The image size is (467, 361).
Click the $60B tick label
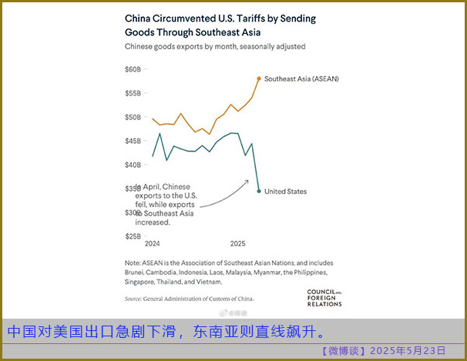133,69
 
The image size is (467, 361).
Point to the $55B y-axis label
133,93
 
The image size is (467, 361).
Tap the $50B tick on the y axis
133,117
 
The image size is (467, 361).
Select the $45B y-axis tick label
133,141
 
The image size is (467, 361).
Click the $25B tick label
133,236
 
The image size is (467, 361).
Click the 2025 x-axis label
237,243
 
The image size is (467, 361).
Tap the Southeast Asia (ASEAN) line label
301,79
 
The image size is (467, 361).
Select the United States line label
285,192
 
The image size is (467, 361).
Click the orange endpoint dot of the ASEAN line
258,79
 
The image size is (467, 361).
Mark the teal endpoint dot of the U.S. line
258,191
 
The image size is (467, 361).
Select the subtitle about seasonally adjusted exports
215,46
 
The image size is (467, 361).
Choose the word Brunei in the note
136,272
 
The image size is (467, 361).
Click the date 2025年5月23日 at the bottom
408,351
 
